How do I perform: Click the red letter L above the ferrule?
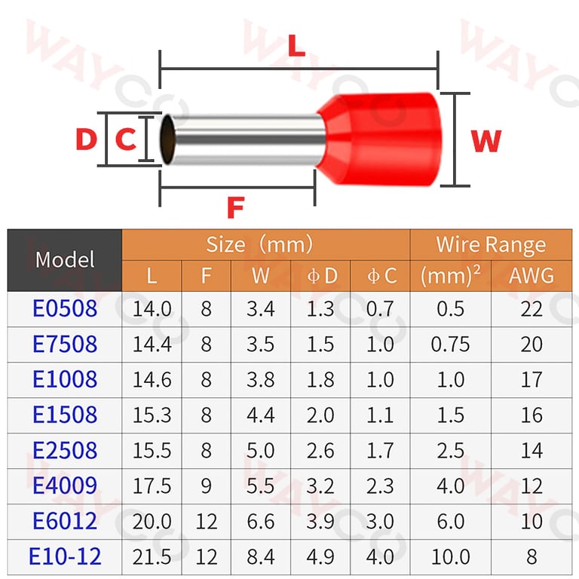(296, 47)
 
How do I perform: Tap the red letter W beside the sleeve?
(486, 140)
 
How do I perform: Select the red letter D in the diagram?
(87, 139)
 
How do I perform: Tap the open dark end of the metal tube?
(171, 139)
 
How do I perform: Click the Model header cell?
(65, 260)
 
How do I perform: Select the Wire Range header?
(491, 245)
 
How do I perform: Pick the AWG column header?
(531, 276)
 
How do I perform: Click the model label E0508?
(65, 308)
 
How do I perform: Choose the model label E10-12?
(65, 556)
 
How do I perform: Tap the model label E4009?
(65, 486)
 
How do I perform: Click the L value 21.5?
(152, 556)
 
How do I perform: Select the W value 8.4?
(261, 556)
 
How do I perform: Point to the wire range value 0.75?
(450, 344)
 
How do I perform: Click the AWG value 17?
(532, 379)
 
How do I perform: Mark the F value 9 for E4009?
(207, 486)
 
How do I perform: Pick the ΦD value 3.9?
(320, 521)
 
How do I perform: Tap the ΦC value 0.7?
(380, 308)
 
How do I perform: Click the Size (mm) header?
(259, 245)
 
